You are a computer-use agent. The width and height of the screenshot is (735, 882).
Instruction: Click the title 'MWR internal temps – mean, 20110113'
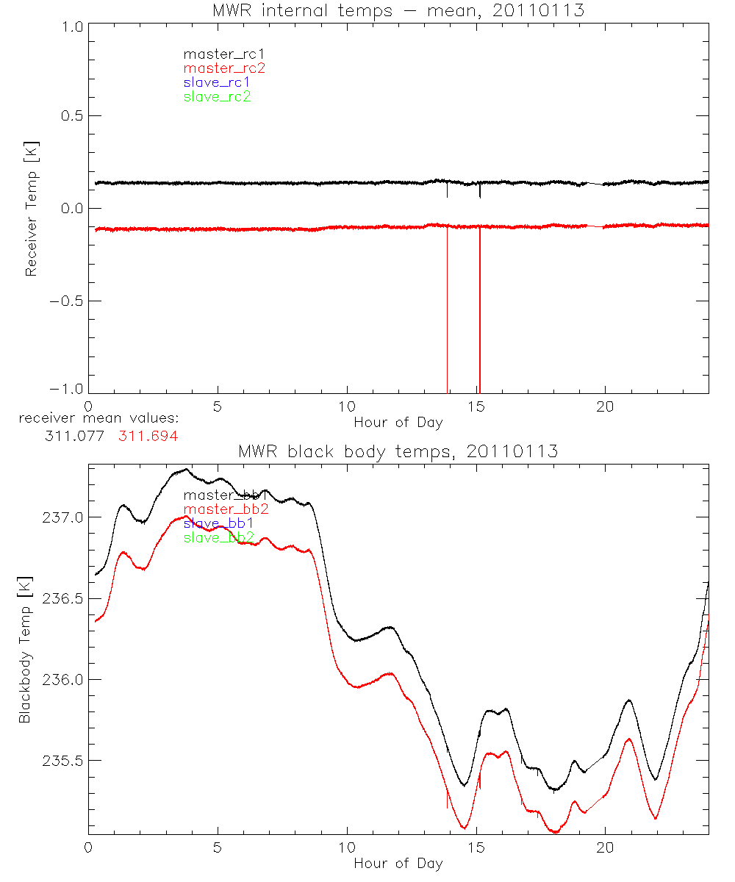click(398, 10)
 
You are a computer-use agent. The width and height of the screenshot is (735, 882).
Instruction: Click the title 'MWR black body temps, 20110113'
click(398, 451)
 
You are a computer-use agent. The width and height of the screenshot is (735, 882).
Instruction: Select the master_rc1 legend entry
click(217, 54)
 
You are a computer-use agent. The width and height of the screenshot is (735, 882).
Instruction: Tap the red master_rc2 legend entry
click(223, 68)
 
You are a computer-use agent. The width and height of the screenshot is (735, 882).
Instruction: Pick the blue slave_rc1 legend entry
click(217, 82)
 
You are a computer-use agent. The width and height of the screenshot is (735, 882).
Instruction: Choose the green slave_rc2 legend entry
click(217, 96)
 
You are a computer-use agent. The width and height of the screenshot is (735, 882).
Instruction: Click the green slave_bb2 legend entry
click(219, 538)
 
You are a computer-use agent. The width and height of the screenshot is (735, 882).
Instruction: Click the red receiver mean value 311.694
click(148, 436)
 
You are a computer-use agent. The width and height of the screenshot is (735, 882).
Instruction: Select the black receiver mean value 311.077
click(77, 436)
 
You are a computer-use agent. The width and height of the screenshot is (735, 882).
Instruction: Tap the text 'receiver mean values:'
click(98, 419)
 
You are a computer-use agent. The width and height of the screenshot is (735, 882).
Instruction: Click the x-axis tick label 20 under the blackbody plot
click(606, 848)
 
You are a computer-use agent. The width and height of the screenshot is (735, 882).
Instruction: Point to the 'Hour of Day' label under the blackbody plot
click(398, 864)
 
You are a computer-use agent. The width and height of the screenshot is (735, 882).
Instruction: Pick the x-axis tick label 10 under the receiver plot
click(347, 407)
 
